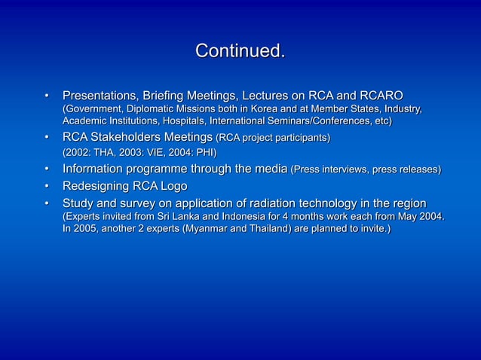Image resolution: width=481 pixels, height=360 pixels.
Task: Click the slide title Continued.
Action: pos(240,52)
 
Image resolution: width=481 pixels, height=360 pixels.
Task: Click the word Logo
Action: pos(173,186)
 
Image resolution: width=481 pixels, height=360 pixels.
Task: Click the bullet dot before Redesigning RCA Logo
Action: pos(46,186)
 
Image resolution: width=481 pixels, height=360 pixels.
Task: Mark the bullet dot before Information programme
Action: pos(46,169)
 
